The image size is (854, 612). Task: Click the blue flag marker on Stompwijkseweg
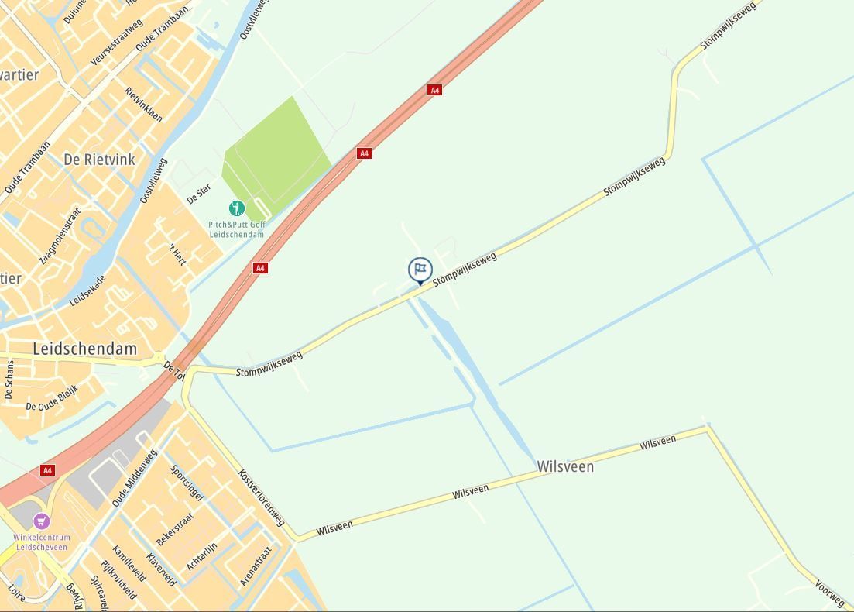click(420, 270)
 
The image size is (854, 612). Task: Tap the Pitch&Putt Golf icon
click(237, 208)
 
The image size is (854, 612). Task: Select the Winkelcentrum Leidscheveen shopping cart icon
click(42, 521)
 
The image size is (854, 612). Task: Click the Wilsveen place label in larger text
click(565, 466)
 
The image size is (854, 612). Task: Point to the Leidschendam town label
click(84, 349)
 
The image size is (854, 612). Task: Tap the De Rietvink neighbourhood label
click(99, 160)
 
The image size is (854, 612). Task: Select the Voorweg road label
click(830, 593)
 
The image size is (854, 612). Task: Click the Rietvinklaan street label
click(144, 104)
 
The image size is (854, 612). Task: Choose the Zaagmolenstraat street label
click(60, 236)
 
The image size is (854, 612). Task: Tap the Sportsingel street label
click(187, 483)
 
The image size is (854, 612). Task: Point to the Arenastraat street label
click(256, 566)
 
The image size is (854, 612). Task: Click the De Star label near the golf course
click(199, 194)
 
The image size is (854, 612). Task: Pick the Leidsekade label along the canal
click(87, 289)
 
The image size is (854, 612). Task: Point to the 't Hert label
click(178, 253)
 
